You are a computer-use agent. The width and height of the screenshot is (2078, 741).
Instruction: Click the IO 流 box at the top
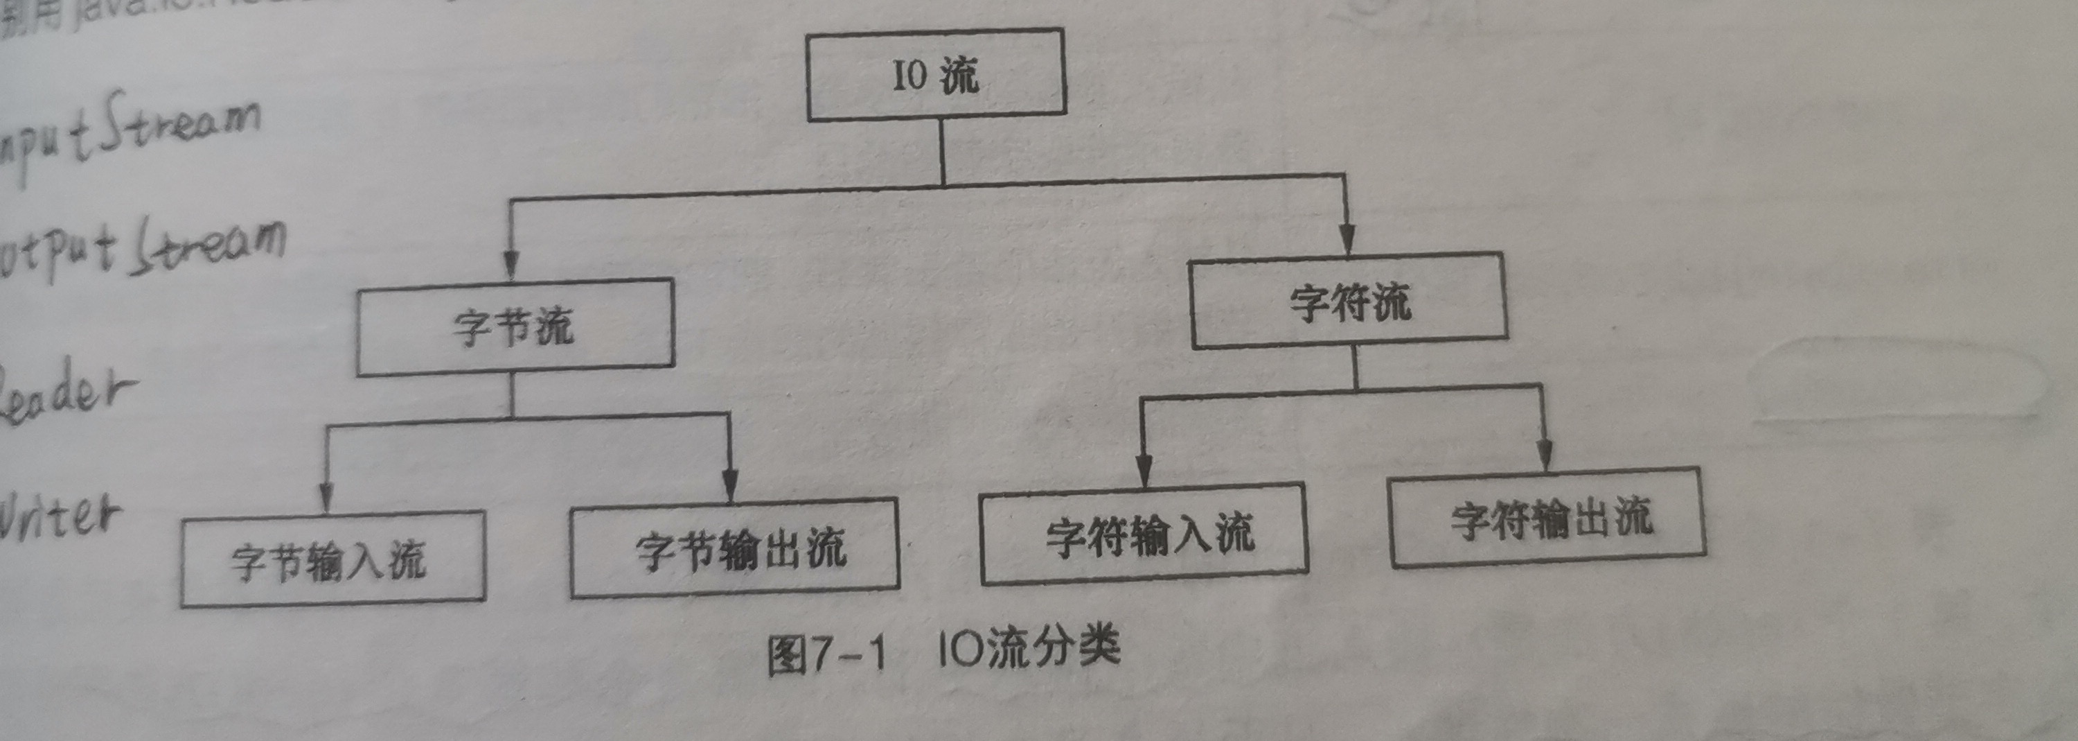pyautogui.click(x=936, y=75)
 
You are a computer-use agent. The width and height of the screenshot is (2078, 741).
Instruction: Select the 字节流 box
pyautogui.click(x=515, y=327)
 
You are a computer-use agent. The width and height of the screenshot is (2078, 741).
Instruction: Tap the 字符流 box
pyautogui.click(x=1349, y=301)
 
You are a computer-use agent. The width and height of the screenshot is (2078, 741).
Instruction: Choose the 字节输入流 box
pyautogui.click(x=332, y=559)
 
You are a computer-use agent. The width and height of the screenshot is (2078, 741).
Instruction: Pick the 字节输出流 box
pyautogui.click(x=734, y=548)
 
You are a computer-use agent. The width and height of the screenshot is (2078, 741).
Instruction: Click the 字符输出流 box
pyautogui.click(x=1547, y=517)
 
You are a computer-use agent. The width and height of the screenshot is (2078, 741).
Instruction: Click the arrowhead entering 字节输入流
pyautogui.click(x=326, y=497)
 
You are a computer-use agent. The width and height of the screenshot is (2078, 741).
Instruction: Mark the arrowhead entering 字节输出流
pyautogui.click(x=729, y=486)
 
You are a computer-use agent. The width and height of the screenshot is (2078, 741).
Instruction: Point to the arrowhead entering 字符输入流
pyautogui.click(x=1143, y=471)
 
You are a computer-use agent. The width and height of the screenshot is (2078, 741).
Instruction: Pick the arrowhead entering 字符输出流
pyautogui.click(x=1545, y=455)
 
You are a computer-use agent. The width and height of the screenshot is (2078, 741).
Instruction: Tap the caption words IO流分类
pyautogui.click(x=1029, y=648)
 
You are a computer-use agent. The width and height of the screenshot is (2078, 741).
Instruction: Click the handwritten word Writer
pyautogui.click(x=60, y=516)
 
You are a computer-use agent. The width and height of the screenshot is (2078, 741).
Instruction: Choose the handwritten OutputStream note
pyautogui.click(x=141, y=246)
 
